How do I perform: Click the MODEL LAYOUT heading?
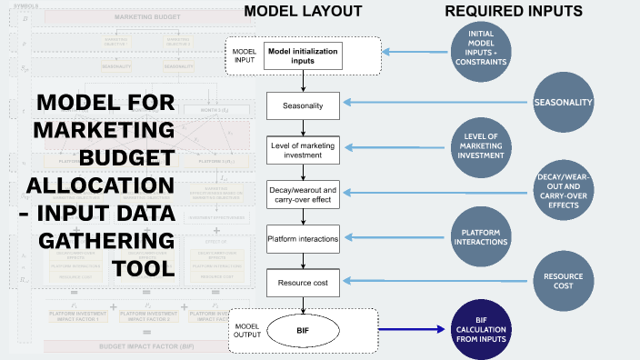[x=303, y=12]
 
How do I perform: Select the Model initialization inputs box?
[x=302, y=55]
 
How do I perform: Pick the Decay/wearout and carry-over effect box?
[x=302, y=194]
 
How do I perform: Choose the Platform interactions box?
[x=302, y=239]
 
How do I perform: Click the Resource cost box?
[x=302, y=283]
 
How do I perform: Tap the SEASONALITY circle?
[x=564, y=103]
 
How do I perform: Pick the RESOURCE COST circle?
[x=564, y=279]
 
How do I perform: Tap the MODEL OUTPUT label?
[x=248, y=329]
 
